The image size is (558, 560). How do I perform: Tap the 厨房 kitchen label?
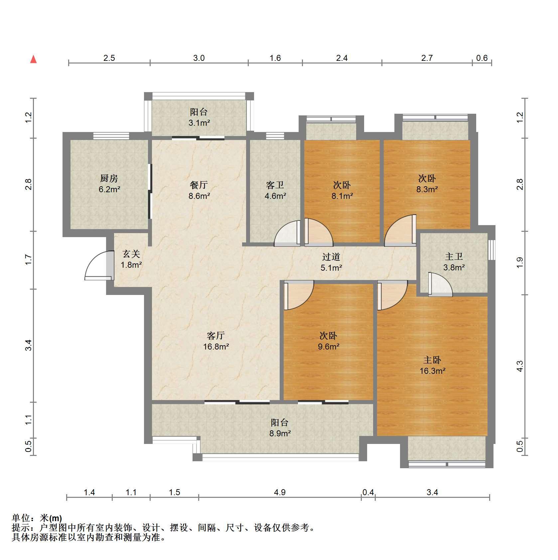(109, 179)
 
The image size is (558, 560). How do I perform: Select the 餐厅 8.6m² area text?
(199, 196)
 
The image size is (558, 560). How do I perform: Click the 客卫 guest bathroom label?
(275, 185)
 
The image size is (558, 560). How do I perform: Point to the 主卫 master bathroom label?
(454, 256)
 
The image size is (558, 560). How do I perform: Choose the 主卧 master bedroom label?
(432, 360)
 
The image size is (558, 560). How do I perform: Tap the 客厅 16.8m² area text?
(216, 347)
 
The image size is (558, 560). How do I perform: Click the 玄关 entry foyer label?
(131, 254)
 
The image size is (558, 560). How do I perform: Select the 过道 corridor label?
(331, 257)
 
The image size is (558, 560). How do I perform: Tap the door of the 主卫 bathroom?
(440, 284)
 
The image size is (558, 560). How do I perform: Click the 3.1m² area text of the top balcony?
(199, 123)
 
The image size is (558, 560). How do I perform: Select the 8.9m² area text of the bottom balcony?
(280, 433)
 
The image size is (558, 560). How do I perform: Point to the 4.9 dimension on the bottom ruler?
(280, 492)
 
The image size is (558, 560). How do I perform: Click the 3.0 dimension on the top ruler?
(199, 58)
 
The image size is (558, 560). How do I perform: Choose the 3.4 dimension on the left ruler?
(29, 345)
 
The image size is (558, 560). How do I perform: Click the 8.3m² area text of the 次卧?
(427, 189)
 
